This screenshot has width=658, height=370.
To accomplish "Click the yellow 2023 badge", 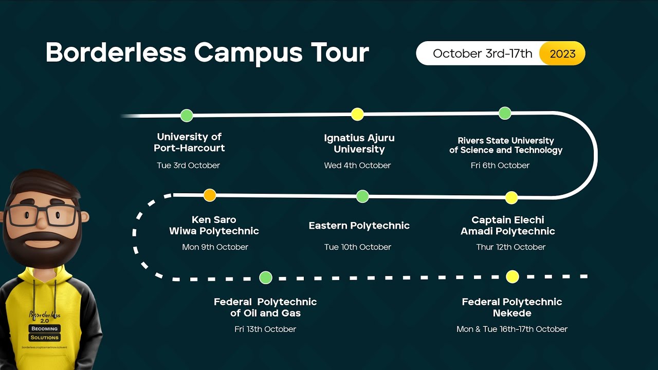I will pyautogui.click(x=562, y=53).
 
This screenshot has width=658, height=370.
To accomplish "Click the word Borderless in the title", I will pyautogui.click(x=116, y=52).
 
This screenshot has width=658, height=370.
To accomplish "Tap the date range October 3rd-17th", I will pyautogui.click(x=482, y=53).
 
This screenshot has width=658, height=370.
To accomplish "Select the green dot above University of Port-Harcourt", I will pyautogui.click(x=187, y=116).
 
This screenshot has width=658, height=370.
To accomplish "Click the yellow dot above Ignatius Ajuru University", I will pyautogui.click(x=357, y=114).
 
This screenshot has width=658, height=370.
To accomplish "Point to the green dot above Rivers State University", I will pyautogui.click(x=505, y=113).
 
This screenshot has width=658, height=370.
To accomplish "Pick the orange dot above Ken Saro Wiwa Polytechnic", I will pyautogui.click(x=210, y=195).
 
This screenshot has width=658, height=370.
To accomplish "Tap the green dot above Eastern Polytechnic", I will pyautogui.click(x=362, y=196).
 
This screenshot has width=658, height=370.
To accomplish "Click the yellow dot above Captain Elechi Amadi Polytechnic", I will pyautogui.click(x=511, y=197).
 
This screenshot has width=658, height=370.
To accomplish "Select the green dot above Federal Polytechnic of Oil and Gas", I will pyautogui.click(x=266, y=278).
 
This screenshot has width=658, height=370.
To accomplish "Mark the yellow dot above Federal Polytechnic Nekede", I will pyautogui.click(x=512, y=277).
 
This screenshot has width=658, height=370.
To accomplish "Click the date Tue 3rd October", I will pyautogui.click(x=188, y=165).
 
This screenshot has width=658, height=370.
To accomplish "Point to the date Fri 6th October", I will pyautogui.click(x=500, y=165).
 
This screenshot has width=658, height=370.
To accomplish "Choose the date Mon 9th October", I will pyautogui.click(x=215, y=247).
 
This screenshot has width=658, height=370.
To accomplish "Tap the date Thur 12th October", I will pyautogui.click(x=510, y=247).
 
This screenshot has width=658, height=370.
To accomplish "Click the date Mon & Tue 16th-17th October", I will pyautogui.click(x=512, y=329).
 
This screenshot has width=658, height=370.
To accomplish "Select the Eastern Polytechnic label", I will pyautogui.click(x=359, y=226).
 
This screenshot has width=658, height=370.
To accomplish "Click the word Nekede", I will pyautogui.click(x=512, y=313).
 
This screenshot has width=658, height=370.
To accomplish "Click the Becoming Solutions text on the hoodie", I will pyautogui.click(x=44, y=333).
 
